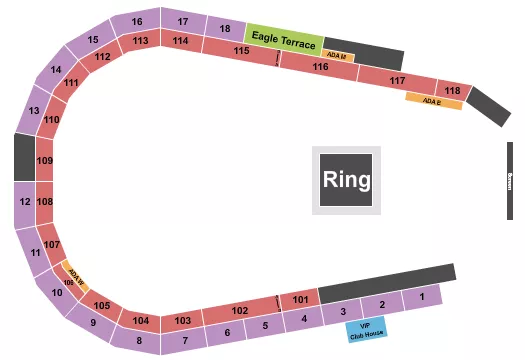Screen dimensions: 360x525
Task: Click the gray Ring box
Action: click(347, 180)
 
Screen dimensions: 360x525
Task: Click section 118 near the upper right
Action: click(454, 92)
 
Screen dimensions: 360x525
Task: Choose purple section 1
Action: click(423, 297)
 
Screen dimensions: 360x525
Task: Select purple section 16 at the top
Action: click(138, 22)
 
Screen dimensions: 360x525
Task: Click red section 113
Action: click(140, 41)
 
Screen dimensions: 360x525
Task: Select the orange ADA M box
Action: click(338, 56)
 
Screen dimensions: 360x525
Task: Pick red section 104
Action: click(140, 321)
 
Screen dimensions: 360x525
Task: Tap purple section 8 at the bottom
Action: click(140, 341)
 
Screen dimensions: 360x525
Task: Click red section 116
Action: click(320, 66)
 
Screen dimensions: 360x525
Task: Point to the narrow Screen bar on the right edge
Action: click(510, 180)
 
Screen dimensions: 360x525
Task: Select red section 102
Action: click(239, 311)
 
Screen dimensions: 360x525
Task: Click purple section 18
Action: click(225, 28)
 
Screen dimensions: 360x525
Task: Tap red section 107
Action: click(53, 245)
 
